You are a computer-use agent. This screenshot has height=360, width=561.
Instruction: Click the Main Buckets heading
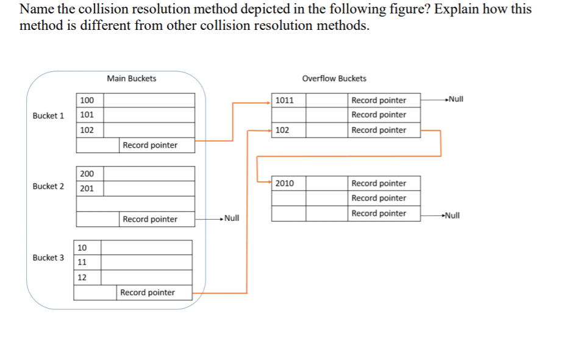(131, 78)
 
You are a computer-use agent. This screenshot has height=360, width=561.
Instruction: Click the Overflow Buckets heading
(334, 78)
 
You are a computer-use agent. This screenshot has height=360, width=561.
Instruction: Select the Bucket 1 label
(48, 115)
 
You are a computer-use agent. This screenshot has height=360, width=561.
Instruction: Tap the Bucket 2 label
(48, 186)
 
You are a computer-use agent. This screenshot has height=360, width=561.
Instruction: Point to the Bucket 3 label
(48, 257)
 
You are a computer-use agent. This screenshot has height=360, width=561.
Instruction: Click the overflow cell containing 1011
(288, 100)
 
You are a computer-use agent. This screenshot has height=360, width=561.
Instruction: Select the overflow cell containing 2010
(288, 183)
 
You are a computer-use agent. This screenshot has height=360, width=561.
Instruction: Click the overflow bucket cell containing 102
(288, 130)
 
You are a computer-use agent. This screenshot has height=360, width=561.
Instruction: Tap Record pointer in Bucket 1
(150, 145)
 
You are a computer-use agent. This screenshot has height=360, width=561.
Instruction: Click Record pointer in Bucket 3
(148, 292)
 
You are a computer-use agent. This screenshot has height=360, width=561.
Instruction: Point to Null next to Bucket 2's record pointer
(231, 218)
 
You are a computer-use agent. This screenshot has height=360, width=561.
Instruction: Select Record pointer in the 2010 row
(379, 183)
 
